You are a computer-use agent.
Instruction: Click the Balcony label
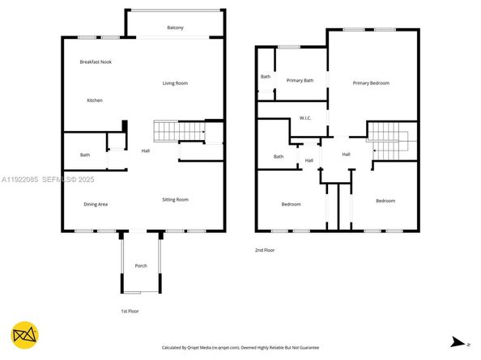coord(175,28)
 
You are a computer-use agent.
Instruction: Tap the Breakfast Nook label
coord(95,62)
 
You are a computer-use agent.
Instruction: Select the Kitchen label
coord(95,100)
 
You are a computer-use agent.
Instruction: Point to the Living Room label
coord(175,83)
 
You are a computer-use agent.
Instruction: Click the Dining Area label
coord(96,204)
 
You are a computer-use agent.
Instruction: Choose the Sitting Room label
coord(175,199)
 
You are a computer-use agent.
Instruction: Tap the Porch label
coord(141,265)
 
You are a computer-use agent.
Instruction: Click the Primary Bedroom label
coord(371,83)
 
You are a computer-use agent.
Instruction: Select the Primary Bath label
coord(300,79)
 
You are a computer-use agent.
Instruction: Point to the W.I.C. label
coord(305,118)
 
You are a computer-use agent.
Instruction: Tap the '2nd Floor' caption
coord(265,250)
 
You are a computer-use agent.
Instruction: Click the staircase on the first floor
coord(177,130)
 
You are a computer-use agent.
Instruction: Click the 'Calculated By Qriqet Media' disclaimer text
coord(240,347)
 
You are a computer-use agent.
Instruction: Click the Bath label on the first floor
coord(85,155)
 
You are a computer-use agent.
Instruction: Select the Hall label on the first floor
coord(146,150)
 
